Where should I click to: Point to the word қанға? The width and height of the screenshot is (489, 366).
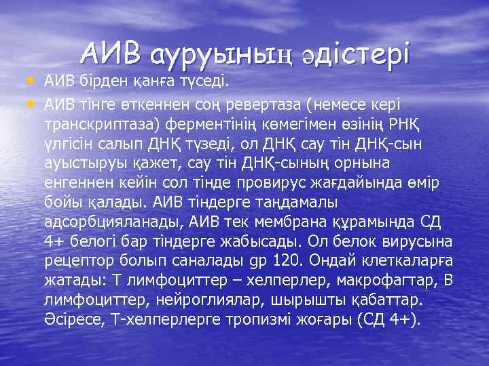153,83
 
